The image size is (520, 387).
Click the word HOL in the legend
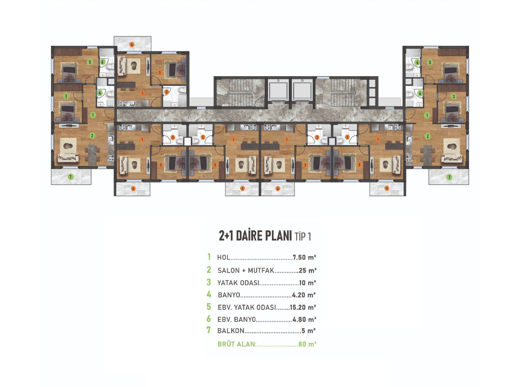pos(224,258)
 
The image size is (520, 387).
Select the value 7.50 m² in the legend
pos(304,258)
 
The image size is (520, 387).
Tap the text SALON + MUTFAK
pos(246,271)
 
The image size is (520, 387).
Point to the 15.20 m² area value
pos(303,308)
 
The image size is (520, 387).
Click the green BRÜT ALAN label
pos(237,344)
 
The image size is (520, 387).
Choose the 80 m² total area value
pos(307,344)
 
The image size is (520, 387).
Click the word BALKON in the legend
pos(231,331)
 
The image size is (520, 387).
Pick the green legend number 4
pos(209,294)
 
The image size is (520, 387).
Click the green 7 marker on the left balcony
pos(71,177)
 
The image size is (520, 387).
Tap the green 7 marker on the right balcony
pos(449,177)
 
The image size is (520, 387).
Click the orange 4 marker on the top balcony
pos(132,45)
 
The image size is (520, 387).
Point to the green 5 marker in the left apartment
pos(90,62)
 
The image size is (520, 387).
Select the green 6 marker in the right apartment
pos(417,62)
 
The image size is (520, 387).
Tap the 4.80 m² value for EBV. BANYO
pos(304,320)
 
